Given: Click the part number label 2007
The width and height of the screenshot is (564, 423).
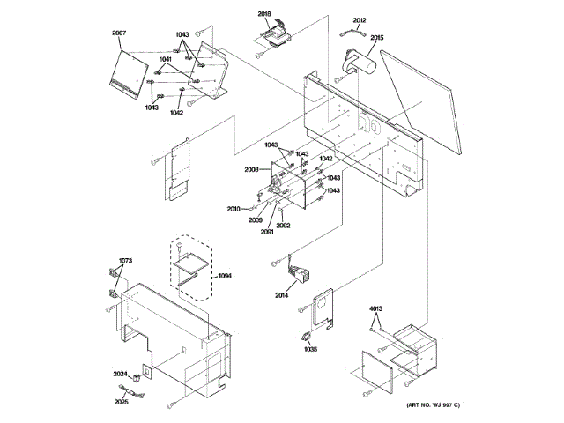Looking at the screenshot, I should pyautogui.click(x=119, y=33).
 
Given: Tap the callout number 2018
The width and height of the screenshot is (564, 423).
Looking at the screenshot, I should pyautogui.click(x=265, y=15).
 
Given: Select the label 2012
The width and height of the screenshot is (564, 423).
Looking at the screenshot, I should pyautogui.click(x=359, y=20).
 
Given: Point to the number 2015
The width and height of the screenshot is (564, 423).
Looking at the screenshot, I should pyautogui.click(x=376, y=38).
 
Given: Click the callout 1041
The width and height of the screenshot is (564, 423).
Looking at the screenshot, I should pyautogui.click(x=166, y=58).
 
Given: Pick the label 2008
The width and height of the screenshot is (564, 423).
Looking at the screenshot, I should pyautogui.click(x=251, y=169).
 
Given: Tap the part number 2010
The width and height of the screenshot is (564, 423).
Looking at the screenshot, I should pyautogui.click(x=234, y=209).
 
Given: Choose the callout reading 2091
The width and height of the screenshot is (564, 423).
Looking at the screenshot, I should pyautogui.click(x=267, y=231).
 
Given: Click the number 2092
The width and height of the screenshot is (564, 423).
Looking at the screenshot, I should pyautogui.click(x=283, y=226).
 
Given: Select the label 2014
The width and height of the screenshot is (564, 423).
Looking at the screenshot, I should pyautogui.click(x=281, y=294).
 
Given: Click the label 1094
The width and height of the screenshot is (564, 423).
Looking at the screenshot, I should pyautogui.click(x=226, y=277).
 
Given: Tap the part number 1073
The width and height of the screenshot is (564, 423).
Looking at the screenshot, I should pyautogui.click(x=125, y=261).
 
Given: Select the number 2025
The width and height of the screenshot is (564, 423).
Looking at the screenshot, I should pyautogui.click(x=122, y=402).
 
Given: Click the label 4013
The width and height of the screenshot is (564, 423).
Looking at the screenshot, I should pyautogui.click(x=376, y=308).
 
